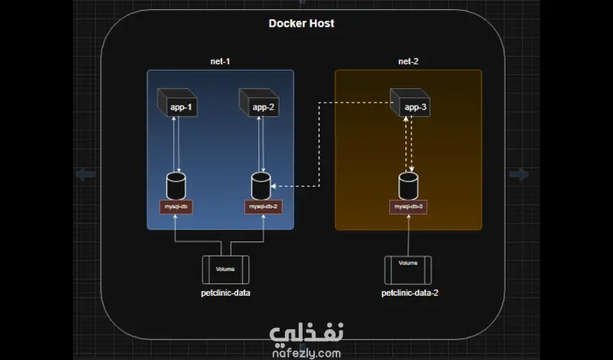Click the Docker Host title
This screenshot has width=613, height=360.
point(301,24)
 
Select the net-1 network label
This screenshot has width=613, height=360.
point(221,61)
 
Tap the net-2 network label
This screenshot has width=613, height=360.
point(408,61)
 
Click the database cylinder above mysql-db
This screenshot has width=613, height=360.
point(176,186)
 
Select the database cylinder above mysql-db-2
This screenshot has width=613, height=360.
point(261,186)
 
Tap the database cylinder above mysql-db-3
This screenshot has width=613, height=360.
point(408,186)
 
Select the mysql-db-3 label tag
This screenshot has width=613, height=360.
point(408,207)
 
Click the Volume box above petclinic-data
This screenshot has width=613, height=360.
point(225,270)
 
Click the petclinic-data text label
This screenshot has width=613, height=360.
point(226,293)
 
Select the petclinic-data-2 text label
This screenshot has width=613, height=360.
point(410,293)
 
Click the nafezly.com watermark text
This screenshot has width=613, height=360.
point(306,353)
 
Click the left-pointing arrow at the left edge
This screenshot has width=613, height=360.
point(85,175)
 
